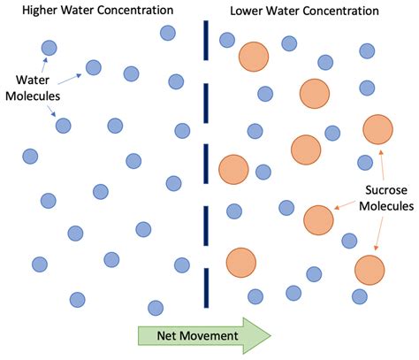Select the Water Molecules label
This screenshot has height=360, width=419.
pos(30,87)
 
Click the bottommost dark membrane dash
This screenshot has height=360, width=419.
pos(205,281)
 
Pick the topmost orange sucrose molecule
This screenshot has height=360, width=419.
pos(254,56)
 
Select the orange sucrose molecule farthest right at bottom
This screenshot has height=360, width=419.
pos(370,269)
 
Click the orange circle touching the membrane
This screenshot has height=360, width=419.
pos(233,168)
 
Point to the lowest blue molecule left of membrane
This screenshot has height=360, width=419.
pos(156,307)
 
